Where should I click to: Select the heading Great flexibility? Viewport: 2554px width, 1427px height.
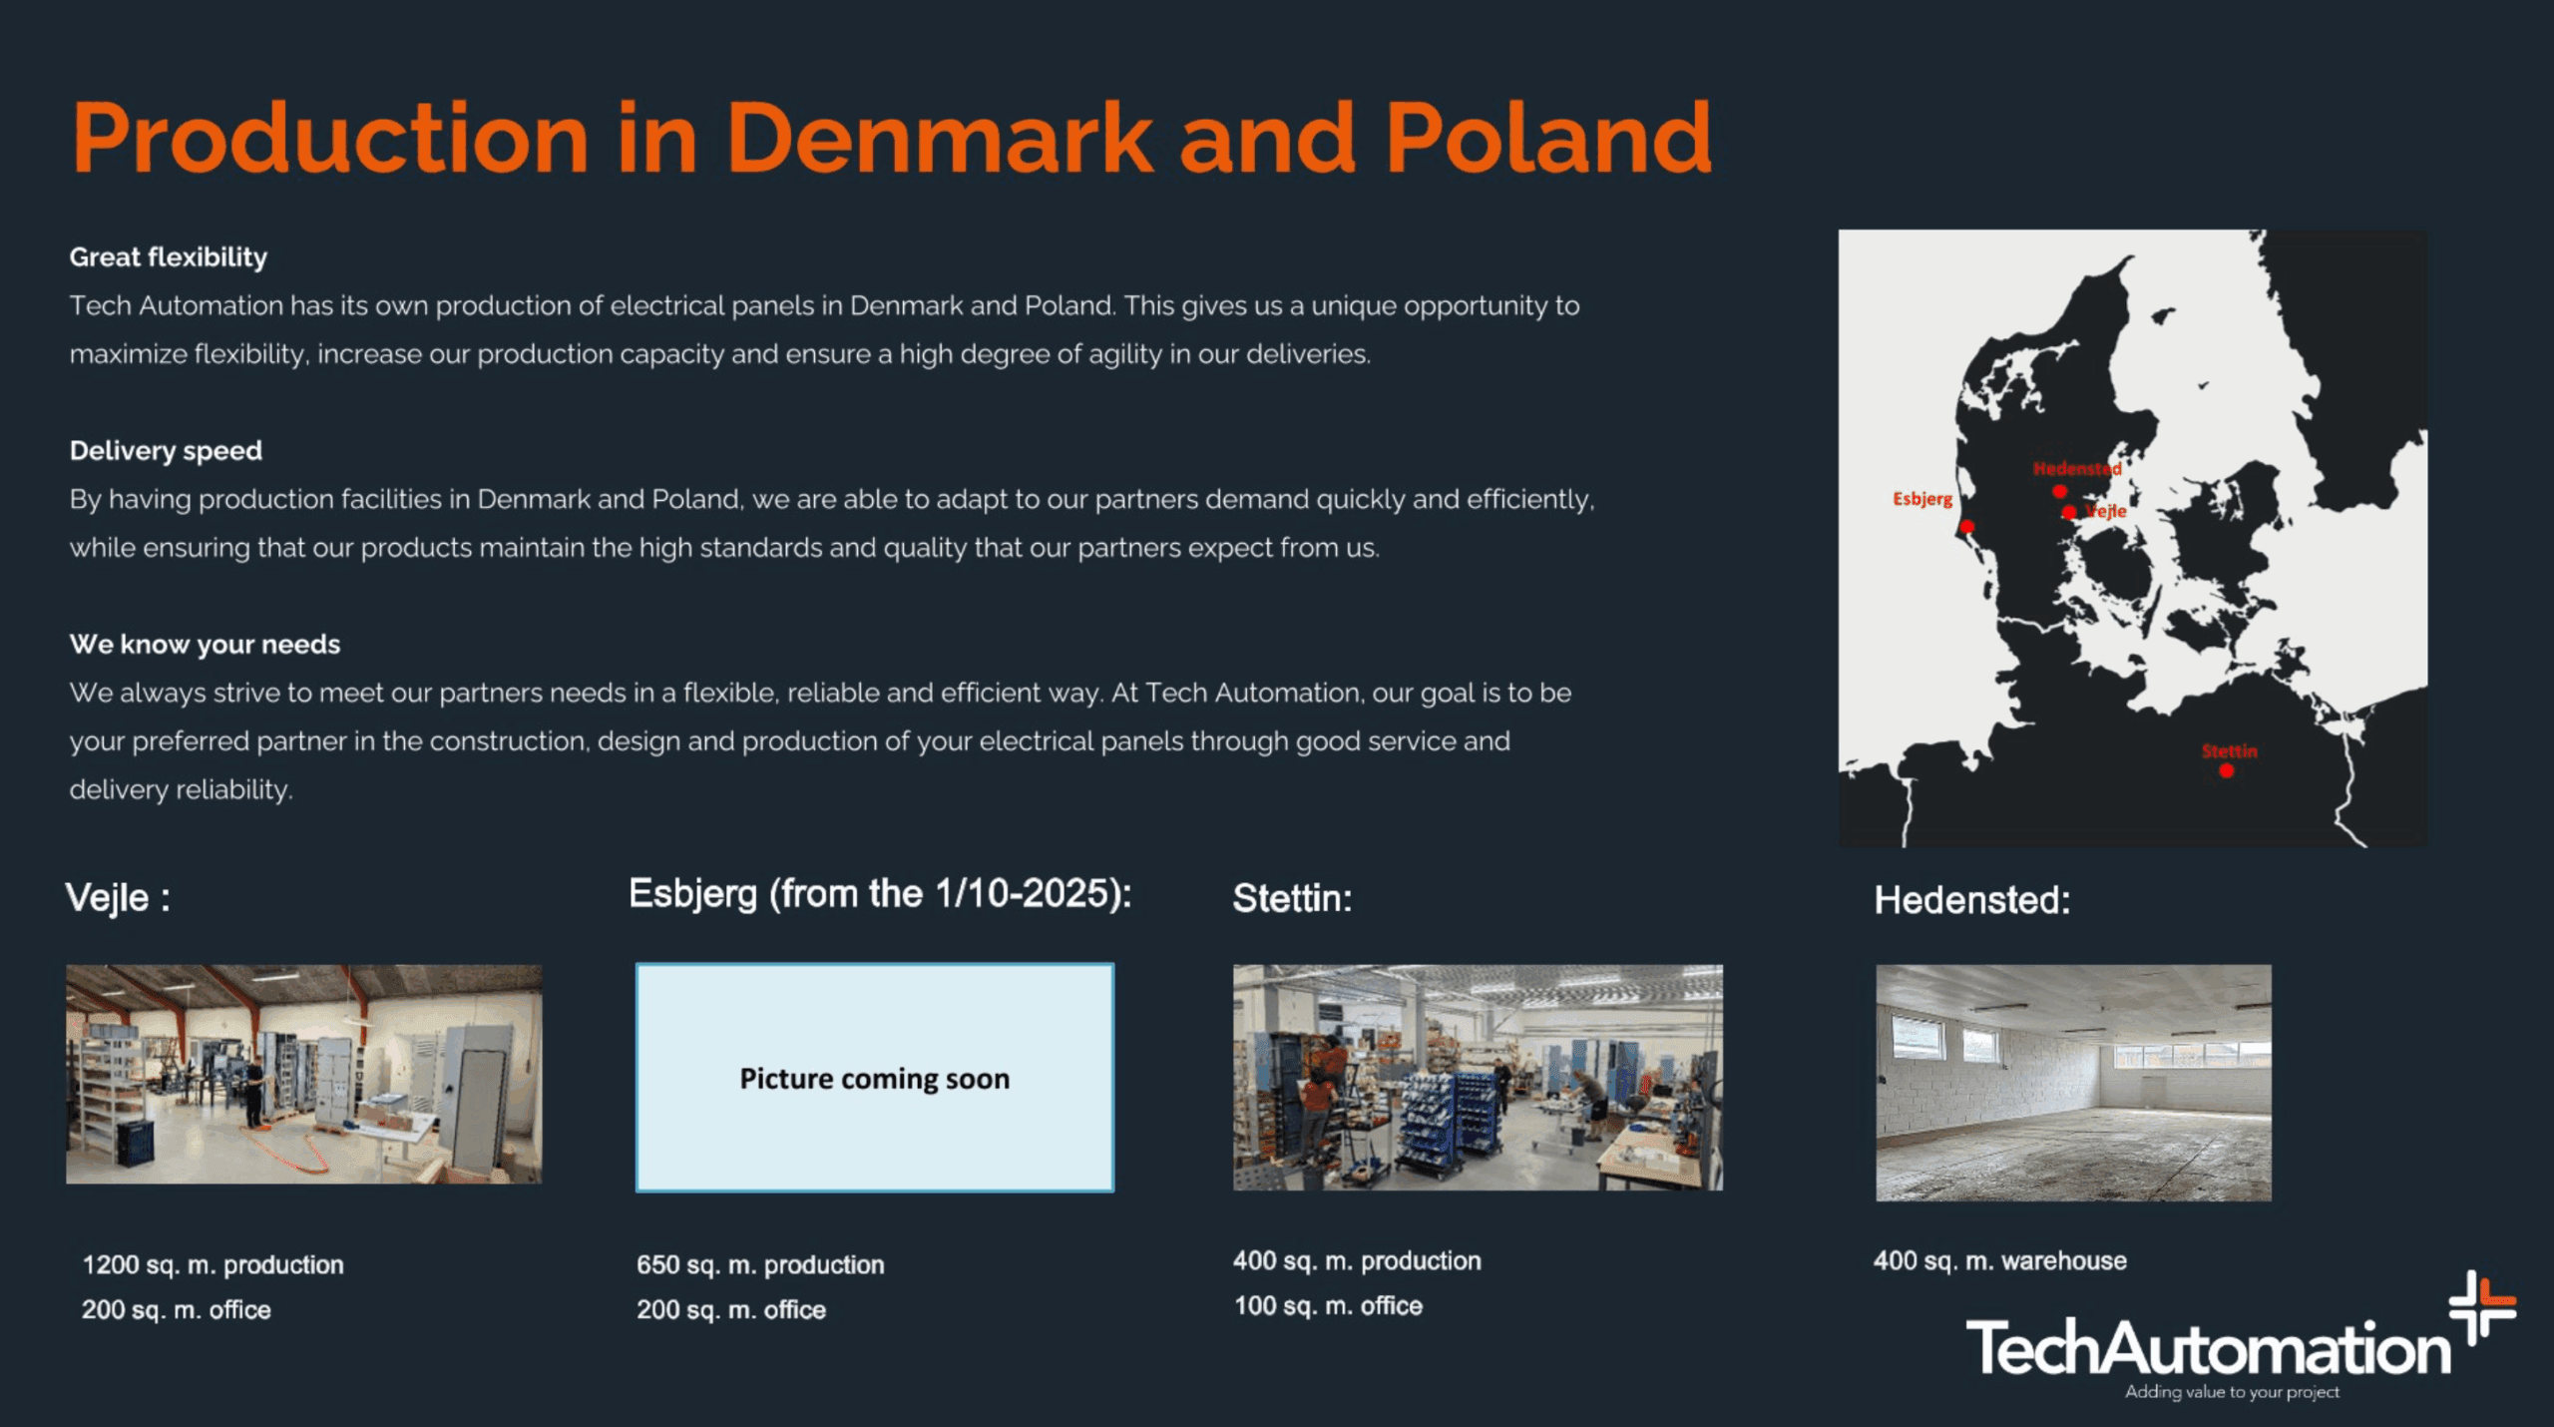(169, 257)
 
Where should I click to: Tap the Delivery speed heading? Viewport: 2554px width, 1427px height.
(166, 451)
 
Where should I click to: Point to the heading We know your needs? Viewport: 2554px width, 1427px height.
(205, 645)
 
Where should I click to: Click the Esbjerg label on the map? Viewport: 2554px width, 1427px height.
(1922, 499)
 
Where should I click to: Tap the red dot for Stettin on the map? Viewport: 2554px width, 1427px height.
(2226, 770)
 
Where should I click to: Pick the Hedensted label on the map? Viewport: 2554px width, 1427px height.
(2077, 468)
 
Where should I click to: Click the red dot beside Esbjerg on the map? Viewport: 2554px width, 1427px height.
(1966, 527)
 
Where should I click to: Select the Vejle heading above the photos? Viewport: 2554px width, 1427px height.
(118, 898)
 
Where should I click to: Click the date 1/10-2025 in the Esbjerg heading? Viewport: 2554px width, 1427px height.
(1026, 893)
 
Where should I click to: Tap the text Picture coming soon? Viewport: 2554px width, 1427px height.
(875, 1079)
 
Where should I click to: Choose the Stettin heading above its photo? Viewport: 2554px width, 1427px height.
(1293, 898)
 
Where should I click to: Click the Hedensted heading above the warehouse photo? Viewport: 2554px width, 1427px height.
(1972, 900)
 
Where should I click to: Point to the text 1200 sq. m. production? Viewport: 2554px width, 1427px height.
(213, 1265)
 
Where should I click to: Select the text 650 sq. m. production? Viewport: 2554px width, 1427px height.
(760, 1265)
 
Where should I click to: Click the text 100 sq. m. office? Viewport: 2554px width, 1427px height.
(1328, 1306)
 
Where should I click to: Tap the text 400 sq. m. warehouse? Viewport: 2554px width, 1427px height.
(1999, 1261)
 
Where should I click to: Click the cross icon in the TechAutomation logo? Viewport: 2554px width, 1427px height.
(2482, 1306)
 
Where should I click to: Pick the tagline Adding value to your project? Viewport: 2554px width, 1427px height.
(2232, 1392)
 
